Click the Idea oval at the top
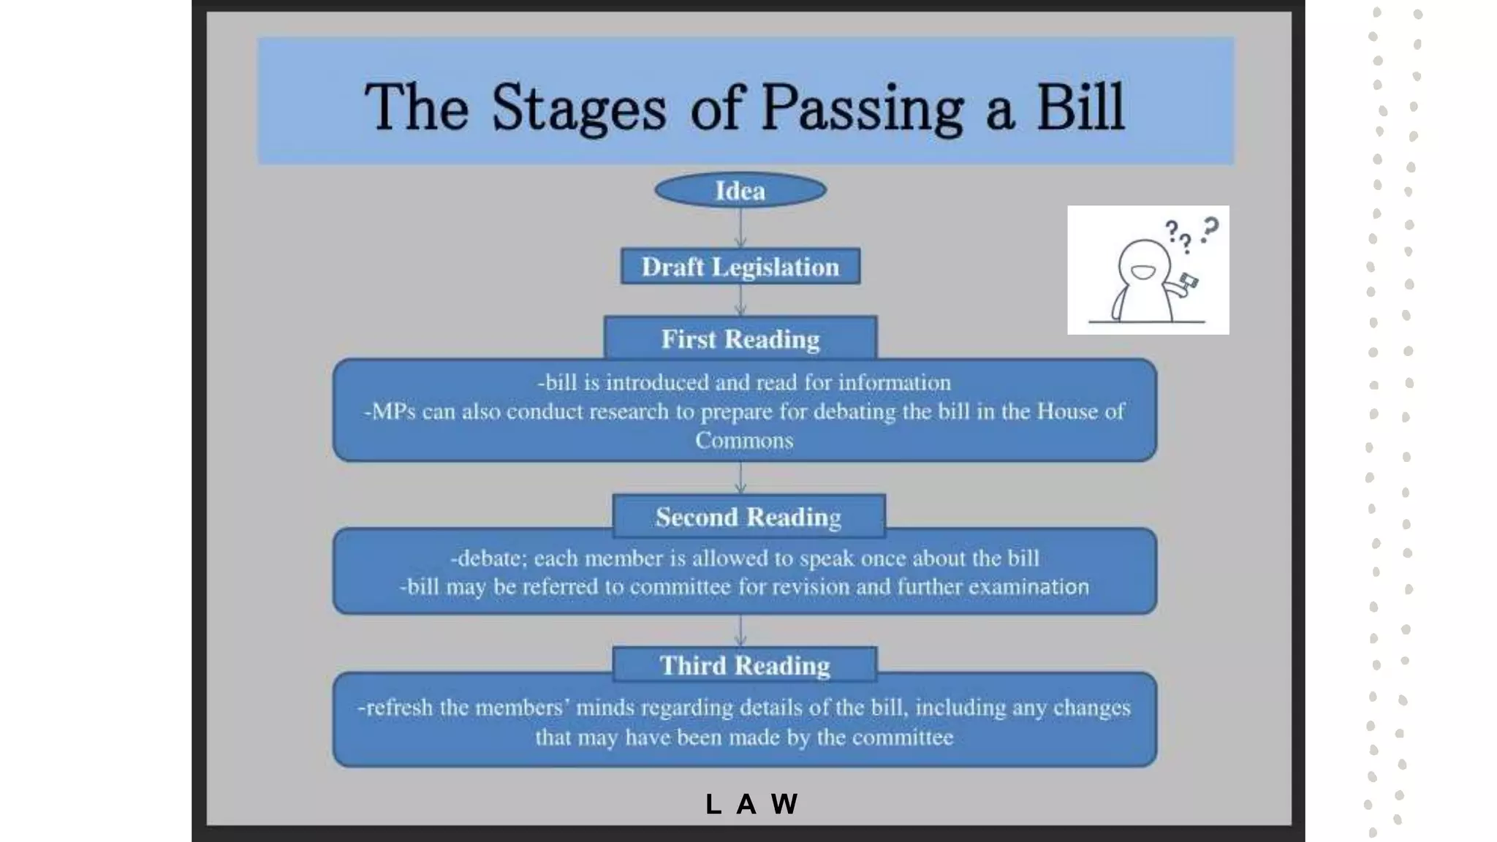pos(740,191)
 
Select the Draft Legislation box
pos(740,267)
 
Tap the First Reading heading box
pos(740,339)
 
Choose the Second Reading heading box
pos(748,517)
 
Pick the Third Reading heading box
pos(745,665)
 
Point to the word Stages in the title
pos(578,108)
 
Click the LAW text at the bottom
pos(752,804)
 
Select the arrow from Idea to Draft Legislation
pos(740,229)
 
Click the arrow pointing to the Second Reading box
pos(740,479)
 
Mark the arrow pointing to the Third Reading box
pos(740,631)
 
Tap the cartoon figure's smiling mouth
pos(1142,273)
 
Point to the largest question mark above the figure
pos(1210,228)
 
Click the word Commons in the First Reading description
pos(744,441)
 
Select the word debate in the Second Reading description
pos(488,558)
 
